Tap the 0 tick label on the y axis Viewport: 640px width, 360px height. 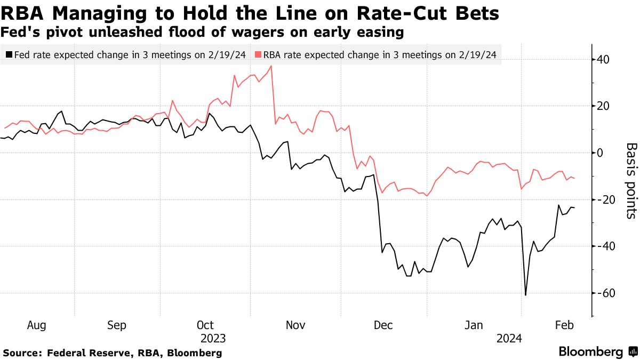coord(600,153)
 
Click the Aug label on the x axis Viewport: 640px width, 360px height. coord(36,325)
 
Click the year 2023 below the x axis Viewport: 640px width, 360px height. coord(213,338)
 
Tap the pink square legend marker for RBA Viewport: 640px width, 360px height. coord(258,54)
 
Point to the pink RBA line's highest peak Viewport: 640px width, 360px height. coord(271,66)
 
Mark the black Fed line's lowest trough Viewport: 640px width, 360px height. coord(526,295)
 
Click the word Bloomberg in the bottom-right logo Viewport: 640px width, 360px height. coord(590,352)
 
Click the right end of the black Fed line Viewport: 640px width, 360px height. coord(574,207)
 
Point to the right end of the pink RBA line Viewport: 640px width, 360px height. coord(574,178)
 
